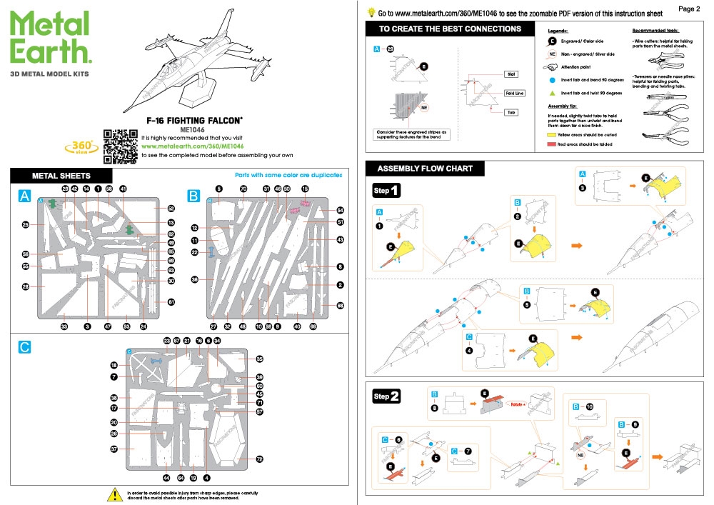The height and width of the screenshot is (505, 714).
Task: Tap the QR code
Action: (120, 146)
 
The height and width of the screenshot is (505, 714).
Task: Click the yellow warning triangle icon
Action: (113, 494)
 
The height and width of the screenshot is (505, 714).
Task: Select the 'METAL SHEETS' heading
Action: (61, 176)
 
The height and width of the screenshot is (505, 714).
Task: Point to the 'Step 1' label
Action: (386, 191)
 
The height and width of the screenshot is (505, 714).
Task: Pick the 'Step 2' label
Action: (386, 396)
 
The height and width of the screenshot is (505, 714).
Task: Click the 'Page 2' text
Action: (688, 9)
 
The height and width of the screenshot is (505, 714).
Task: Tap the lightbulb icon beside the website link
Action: (371, 12)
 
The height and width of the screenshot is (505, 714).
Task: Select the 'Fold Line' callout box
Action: (515, 93)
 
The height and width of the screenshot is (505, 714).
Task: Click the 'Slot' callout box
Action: (511, 74)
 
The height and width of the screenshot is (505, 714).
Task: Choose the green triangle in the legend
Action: (552, 93)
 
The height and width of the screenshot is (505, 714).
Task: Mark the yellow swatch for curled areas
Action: (552, 134)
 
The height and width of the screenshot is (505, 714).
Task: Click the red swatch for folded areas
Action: (552, 144)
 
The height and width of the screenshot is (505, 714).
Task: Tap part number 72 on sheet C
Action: (260, 459)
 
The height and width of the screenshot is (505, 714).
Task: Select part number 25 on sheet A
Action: (25, 225)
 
